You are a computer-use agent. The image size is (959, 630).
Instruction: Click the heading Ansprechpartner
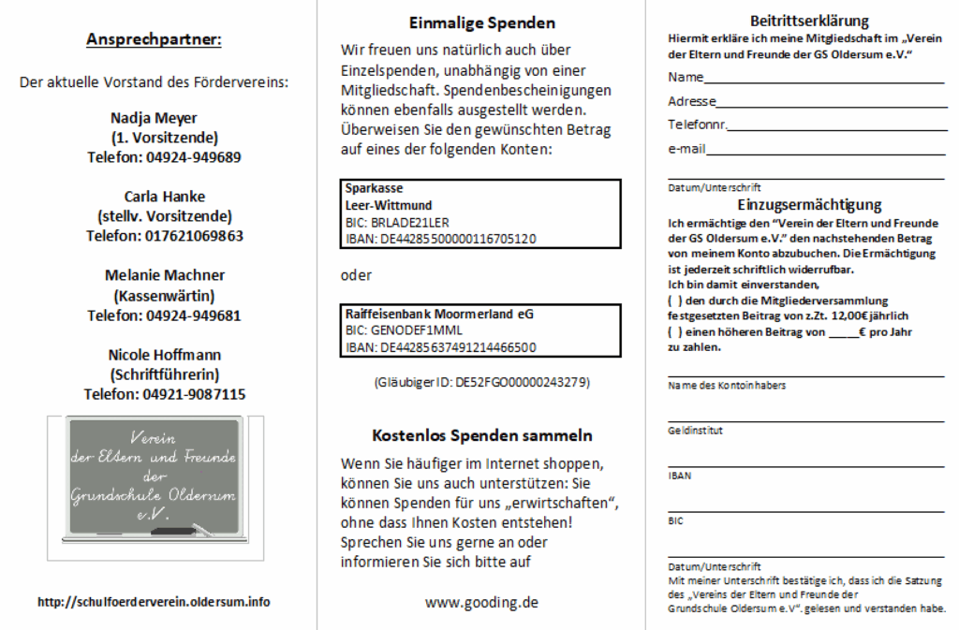click(154, 39)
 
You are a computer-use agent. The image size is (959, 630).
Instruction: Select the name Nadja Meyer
click(154, 118)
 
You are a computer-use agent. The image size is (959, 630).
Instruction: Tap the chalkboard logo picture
click(155, 487)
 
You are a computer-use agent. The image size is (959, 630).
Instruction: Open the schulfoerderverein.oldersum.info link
click(154, 602)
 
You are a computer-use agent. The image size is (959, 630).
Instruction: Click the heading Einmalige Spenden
click(482, 23)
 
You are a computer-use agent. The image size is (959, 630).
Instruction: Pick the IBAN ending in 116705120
click(440, 239)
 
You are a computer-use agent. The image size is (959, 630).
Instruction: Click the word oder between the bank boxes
click(356, 275)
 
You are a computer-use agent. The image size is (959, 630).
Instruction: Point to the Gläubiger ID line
click(481, 383)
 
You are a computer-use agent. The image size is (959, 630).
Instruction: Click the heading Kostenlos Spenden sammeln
click(481, 436)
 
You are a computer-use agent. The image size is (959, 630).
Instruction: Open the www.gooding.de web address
click(481, 603)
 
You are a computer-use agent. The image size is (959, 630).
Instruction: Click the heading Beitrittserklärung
click(809, 22)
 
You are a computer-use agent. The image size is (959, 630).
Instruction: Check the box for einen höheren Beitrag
click(674, 332)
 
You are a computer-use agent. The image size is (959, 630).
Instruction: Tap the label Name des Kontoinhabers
click(727, 386)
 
